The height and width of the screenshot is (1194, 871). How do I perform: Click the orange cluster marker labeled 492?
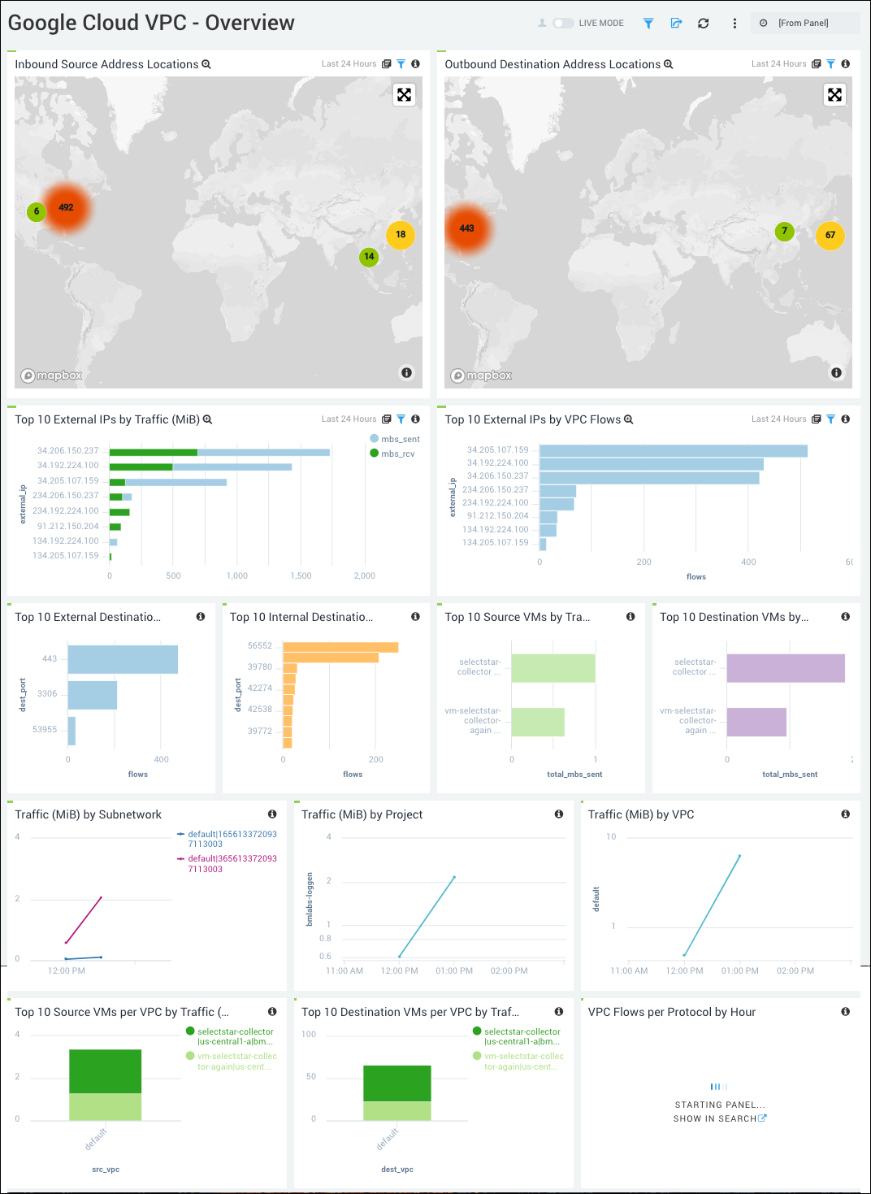[66, 208]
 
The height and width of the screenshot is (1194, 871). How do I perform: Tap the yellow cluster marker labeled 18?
[401, 235]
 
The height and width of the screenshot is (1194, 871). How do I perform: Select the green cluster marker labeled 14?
[369, 257]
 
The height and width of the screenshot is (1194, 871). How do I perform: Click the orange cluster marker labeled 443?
[466, 228]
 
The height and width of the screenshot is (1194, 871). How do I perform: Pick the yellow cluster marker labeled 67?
[830, 236]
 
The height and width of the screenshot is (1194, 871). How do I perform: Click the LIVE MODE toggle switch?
[563, 24]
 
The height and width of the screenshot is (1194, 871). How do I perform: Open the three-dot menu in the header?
[734, 24]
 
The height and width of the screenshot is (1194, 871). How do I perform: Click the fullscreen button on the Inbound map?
[404, 95]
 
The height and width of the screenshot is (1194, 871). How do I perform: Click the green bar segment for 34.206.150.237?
[153, 452]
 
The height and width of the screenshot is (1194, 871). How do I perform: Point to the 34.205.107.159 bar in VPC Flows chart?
[673, 451]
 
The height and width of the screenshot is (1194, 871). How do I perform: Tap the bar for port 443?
[123, 659]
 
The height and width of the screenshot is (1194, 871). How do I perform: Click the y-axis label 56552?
[260, 646]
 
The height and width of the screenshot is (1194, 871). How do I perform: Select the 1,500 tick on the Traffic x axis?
[301, 575]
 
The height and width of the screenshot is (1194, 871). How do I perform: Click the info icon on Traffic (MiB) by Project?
[559, 814]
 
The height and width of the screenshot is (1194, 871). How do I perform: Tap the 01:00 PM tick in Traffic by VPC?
[739, 971]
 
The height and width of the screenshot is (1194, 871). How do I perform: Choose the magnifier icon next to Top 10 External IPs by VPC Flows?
[628, 420]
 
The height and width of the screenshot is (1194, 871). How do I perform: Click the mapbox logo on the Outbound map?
[482, 376]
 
